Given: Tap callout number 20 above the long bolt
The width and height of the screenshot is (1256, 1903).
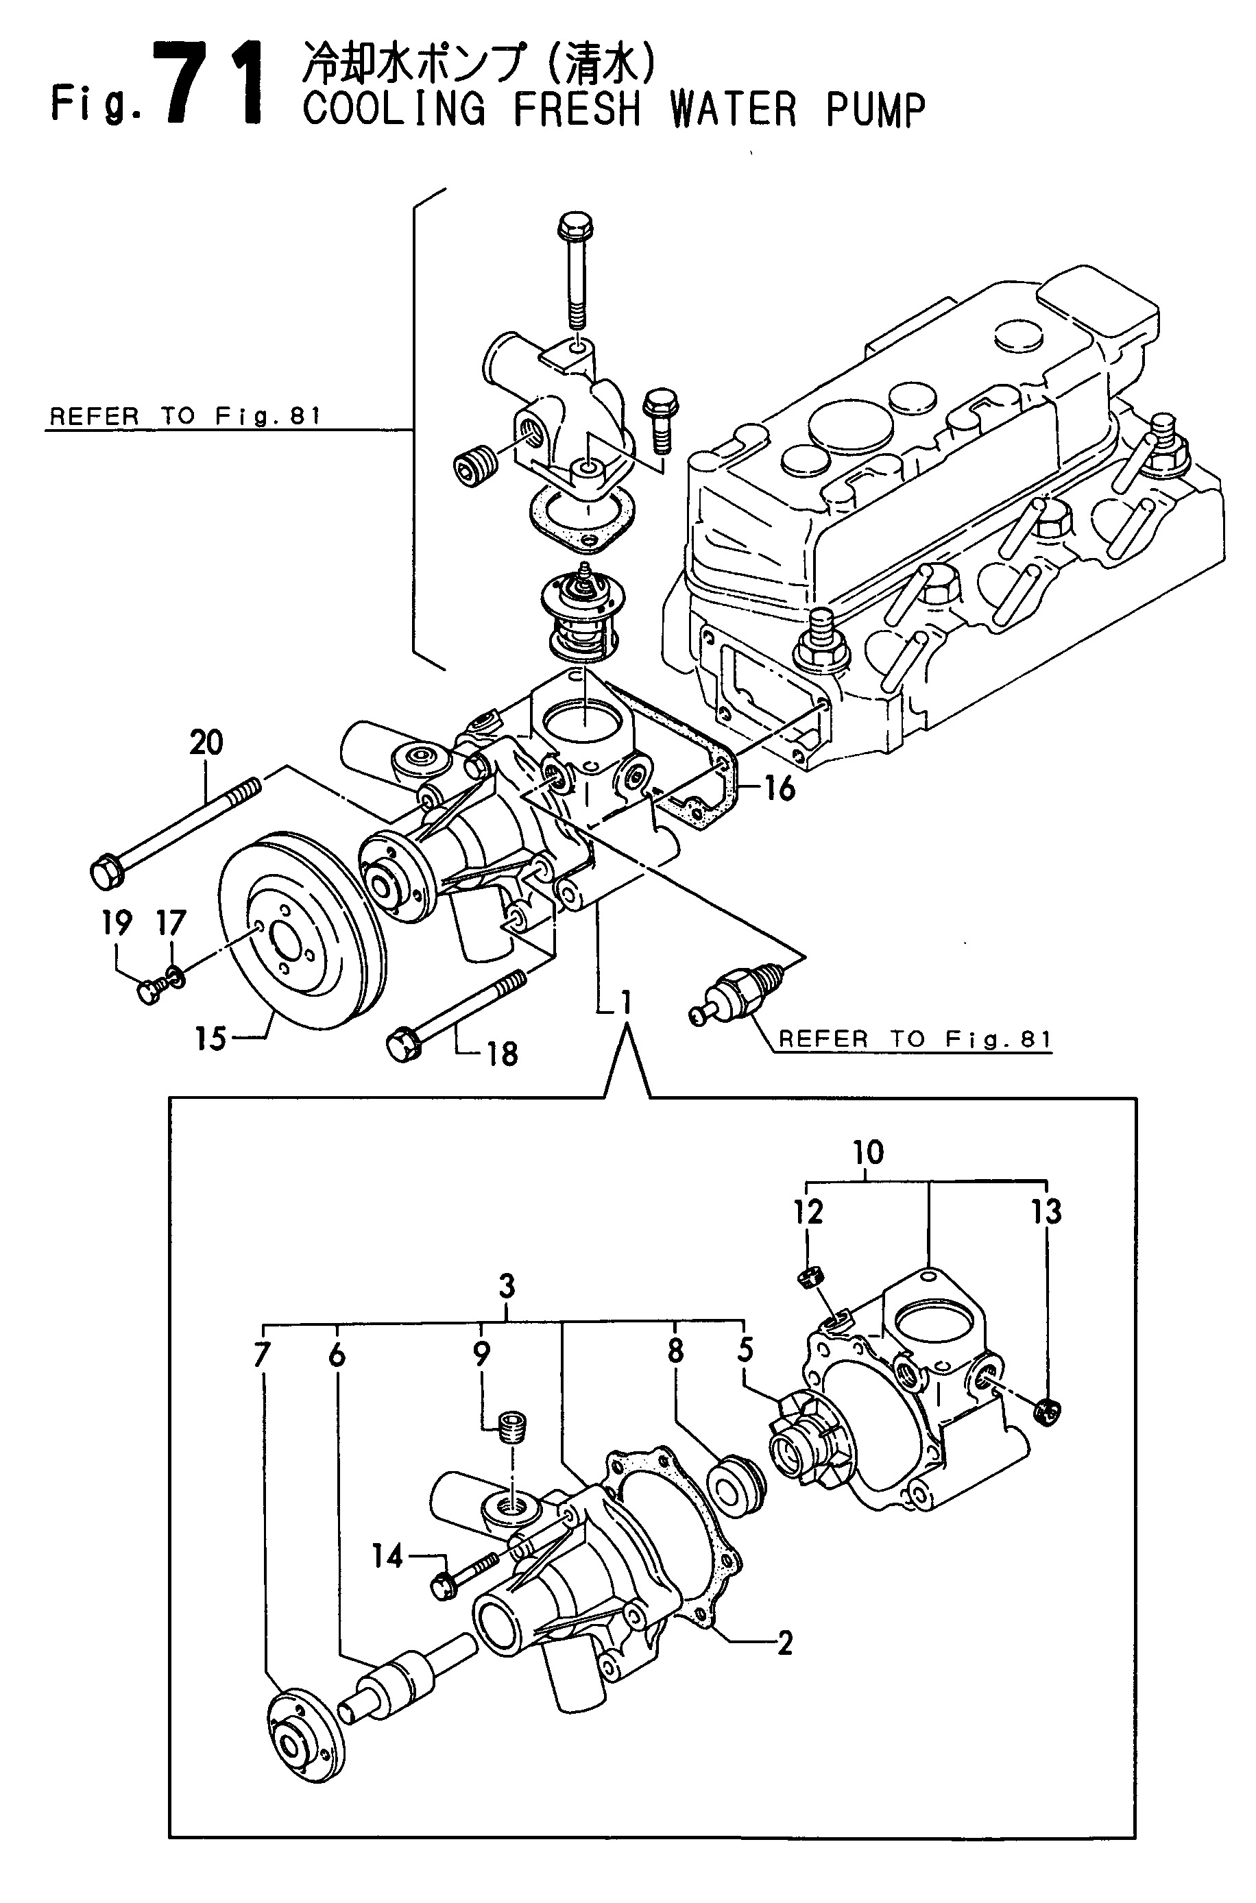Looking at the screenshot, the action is (x=206, y=743).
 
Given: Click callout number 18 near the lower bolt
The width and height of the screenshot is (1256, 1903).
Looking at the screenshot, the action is (x=503, y=1054).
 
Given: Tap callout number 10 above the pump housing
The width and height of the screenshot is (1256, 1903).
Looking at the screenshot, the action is (x=869, y=1153).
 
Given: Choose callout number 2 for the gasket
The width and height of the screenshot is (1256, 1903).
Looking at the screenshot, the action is (x=785, y=1643).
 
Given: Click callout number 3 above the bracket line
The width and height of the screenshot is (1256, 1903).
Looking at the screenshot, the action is (x=506, y=1287).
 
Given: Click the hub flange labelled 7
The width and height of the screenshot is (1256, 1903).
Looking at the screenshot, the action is (x=304, y=1737).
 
